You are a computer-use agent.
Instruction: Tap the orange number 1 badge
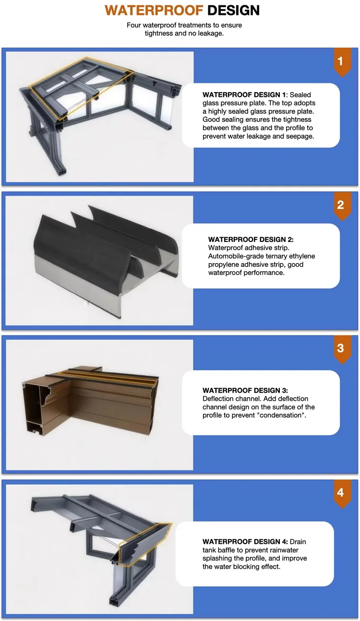[341, 61]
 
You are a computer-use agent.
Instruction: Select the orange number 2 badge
[341, 205]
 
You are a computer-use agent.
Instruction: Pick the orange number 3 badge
[341, 348]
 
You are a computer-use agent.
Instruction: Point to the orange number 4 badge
[341, 492]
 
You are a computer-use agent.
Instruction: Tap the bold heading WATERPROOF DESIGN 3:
[245, 391]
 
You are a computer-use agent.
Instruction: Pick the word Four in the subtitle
[135, 25]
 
